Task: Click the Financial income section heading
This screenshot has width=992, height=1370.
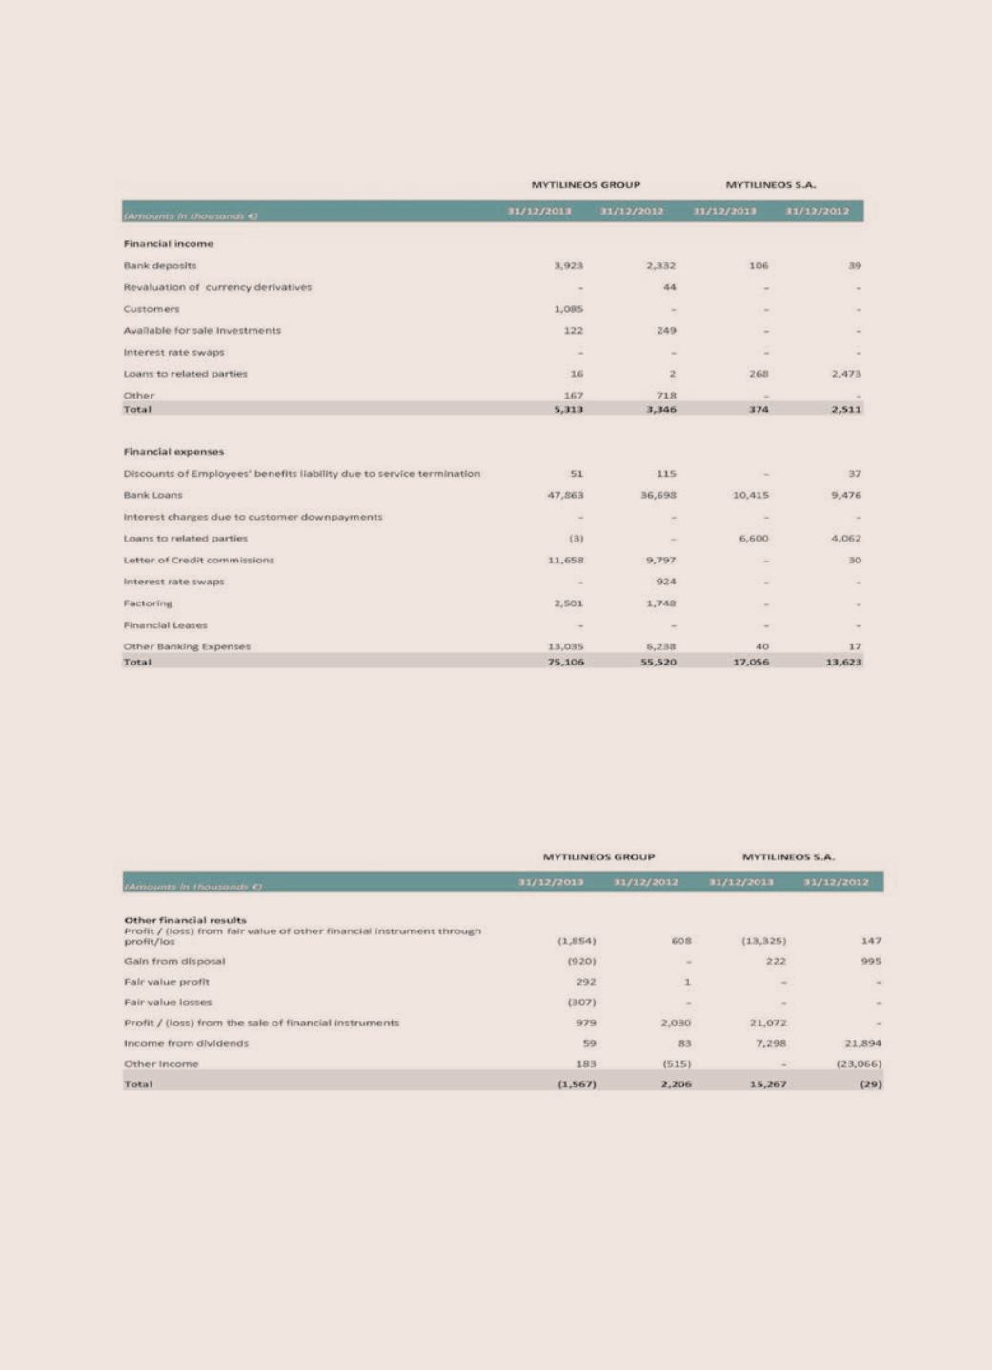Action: tap(168, 244)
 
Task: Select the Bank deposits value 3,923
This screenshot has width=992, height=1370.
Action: tap(568, 266)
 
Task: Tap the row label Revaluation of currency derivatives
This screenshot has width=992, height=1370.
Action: tap(217, 287)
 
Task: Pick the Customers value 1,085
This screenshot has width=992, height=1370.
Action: tap(568, 309)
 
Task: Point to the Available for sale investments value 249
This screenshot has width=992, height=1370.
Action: tap(665, 331)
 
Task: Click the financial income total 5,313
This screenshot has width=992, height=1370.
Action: tap(568, 409)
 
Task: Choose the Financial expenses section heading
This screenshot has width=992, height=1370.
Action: tap(173, 452)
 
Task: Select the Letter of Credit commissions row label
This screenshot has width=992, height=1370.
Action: tap(198, 561)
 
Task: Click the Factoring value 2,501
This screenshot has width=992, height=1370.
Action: tap(568, 603)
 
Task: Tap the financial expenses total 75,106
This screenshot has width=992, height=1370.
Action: tap(566, 662)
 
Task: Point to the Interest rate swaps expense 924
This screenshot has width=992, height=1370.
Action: tap(665, 582)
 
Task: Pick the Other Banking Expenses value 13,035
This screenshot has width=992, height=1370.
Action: tap(566, 646)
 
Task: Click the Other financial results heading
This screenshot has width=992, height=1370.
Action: tap(185, 920)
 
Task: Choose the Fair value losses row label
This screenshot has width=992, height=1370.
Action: tap(168, 1002)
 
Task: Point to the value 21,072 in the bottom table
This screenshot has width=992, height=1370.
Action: tap(767, 1023)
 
